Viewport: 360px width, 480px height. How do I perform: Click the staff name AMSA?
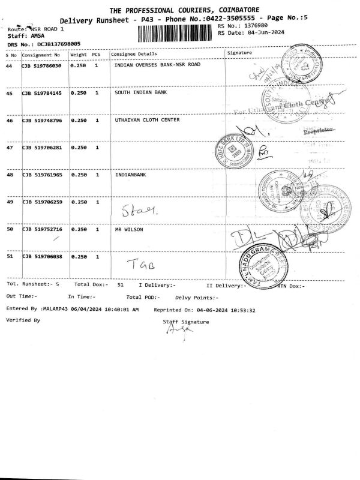(38, 36)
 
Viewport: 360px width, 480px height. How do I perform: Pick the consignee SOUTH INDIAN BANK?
(140, 93)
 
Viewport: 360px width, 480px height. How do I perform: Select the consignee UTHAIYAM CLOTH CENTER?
(146, 120)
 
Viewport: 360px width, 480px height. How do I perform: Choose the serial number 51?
(9, 257)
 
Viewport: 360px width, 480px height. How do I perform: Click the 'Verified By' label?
(23, 320)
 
